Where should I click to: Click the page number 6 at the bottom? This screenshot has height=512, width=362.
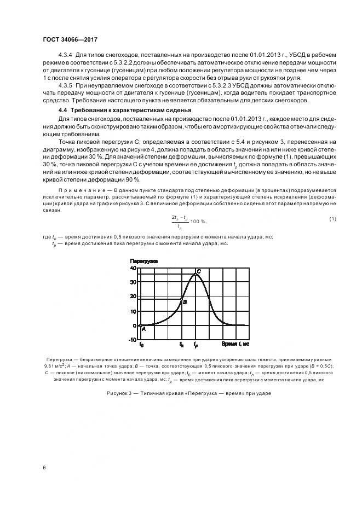tap(44, 467)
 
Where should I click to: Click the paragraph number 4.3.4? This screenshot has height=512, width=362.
tap(67, 56)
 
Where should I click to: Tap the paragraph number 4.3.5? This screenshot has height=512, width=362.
tap(67, 86)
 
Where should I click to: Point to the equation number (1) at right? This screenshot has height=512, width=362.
tap(332, 219)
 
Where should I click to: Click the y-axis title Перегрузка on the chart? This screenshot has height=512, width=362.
tap(143, 261)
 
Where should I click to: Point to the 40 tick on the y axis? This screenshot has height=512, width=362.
tap(133, 268)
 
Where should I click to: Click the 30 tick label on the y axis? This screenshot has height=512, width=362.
tap(133, 282)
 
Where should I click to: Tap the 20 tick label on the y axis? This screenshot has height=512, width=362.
tap(133, 296)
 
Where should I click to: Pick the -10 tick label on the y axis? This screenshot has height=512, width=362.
tap(132, 340)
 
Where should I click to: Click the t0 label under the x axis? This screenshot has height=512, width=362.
tap(142, 345)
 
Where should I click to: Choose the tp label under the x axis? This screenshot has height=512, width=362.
tap(195, 345)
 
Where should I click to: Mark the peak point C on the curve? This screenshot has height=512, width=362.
tap(198, 271)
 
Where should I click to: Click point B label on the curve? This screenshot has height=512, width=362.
tap(185, 301)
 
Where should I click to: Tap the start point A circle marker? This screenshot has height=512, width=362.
tap(140, 325)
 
